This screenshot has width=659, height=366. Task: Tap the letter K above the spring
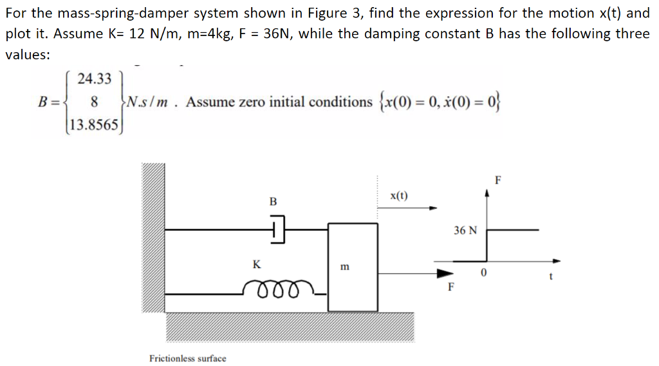[x=256, y=264]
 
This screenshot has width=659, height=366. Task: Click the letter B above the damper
[x=272, y=202]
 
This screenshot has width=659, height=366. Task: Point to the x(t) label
[x=399, y=195]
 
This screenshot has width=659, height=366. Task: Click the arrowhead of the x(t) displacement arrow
[x=433, y=208]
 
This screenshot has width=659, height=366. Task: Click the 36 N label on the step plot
[x=465, y=230]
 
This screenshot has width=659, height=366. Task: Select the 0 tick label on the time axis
[x=487, y=274]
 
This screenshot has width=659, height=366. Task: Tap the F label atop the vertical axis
[x=497, y=179]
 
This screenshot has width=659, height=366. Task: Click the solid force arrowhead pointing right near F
[x=445, y=273]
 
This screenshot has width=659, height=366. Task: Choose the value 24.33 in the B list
[x=94, y=79]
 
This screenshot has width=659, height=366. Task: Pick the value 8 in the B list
[x=95, y=101]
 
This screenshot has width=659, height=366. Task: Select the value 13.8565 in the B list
[x=94, y=124]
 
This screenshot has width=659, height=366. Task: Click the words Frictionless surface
[x=187, y=358]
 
